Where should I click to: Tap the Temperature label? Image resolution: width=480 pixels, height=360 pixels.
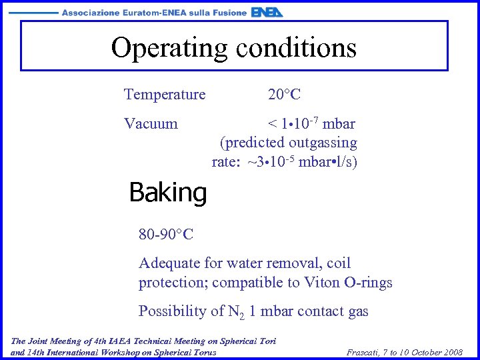165,95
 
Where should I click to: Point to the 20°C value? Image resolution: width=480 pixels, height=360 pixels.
284,95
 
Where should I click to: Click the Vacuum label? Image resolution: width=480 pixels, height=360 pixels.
151,124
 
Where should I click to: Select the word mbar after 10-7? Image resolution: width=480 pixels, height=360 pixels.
339,124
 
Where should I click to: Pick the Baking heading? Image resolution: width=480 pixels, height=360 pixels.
168,193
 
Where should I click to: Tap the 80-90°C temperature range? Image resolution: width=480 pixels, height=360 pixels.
166,234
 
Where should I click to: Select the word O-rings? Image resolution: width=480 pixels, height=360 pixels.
368,283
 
